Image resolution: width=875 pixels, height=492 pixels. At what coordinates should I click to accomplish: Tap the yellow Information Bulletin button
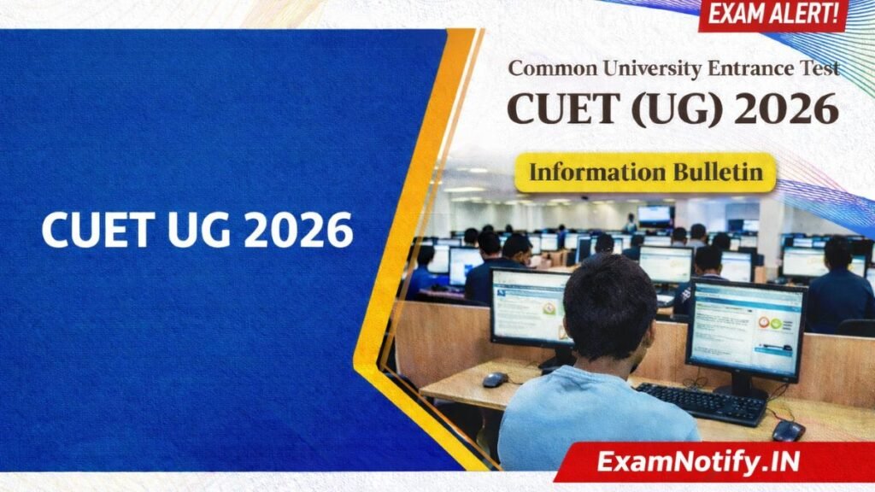[x=645, y=173]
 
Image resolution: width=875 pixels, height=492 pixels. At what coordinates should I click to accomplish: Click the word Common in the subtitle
[x=549, y=68]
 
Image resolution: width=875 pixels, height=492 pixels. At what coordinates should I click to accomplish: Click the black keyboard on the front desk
[x=701, y=403]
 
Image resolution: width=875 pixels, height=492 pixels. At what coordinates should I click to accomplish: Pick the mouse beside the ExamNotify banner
[x=788, y=430]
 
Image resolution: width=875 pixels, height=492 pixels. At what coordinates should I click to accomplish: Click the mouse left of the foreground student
[x=495, y=379]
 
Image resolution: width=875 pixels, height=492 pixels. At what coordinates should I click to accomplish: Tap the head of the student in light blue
[x=609, y=307]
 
